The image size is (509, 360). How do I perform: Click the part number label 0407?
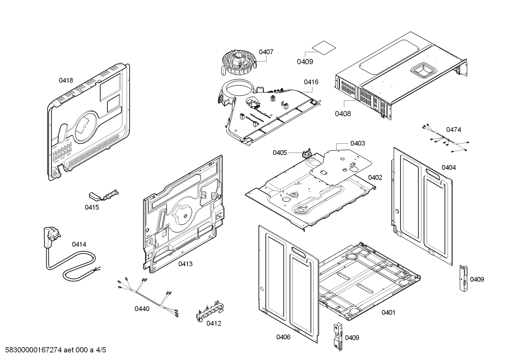[266, 52]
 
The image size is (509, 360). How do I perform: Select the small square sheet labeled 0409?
[323, 48]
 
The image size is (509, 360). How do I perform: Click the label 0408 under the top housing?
[343, 114]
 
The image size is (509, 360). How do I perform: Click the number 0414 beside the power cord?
[79, 244]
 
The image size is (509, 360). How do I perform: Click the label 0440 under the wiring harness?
[142, 309]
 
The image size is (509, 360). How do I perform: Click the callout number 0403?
[358, 143]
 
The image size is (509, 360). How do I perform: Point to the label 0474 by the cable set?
[453, 130]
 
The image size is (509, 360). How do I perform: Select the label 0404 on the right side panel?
[448, 167]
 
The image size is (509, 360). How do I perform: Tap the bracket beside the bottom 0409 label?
[338, 337]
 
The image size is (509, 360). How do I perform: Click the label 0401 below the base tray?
[388, 312]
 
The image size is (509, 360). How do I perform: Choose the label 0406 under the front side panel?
[283, 337]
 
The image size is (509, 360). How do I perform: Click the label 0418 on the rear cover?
[66, 81]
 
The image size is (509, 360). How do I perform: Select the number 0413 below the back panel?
[185, 264]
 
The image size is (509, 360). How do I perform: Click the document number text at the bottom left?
[53, 350]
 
